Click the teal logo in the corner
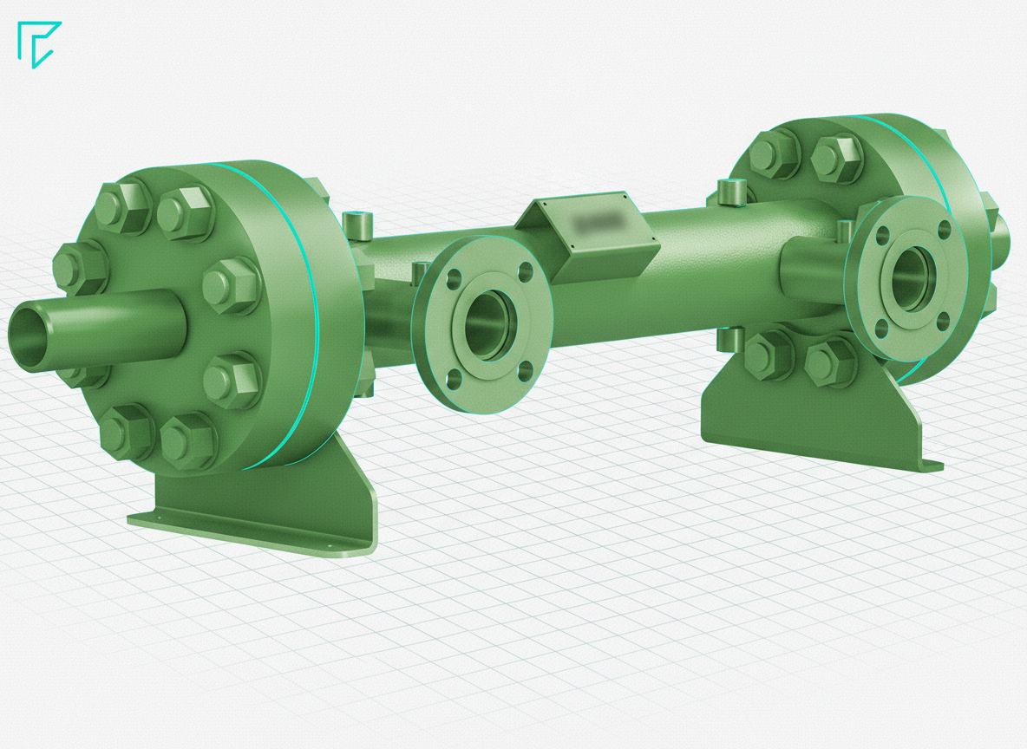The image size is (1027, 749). tap(39, 43)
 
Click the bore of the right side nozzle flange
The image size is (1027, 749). tap(907, 277)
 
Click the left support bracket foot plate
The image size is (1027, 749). tap(252, 529)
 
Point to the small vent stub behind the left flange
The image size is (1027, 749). tap(357, 224)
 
